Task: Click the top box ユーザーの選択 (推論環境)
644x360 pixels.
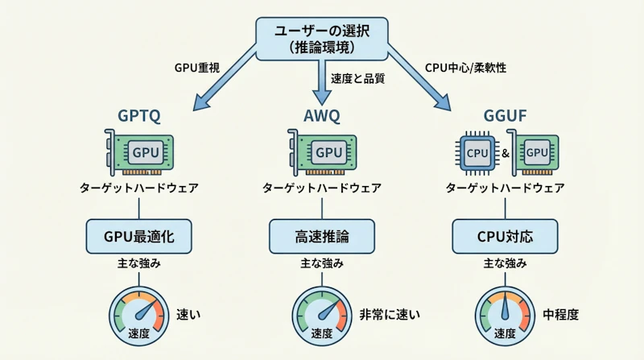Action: pyautogui.click(x=321, y=38)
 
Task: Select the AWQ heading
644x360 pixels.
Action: pyautogui.click(x=321, y=115)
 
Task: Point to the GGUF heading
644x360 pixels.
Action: pyautogui.click(x=505, y=115)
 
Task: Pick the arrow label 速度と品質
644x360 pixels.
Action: pyautogui.click(x=357, y=78)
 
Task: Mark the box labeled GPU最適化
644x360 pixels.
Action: pyautogui.click(x=139, y=236)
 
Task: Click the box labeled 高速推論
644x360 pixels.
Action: pyautogui.click(x=321, y=236)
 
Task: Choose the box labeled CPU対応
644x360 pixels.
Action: pyautogui.click(x=505, y=236)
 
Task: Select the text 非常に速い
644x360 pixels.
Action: pyautogui.click(x=391, y=314)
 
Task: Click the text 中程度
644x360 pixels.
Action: pyautogui.click(x=560, y=314)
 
